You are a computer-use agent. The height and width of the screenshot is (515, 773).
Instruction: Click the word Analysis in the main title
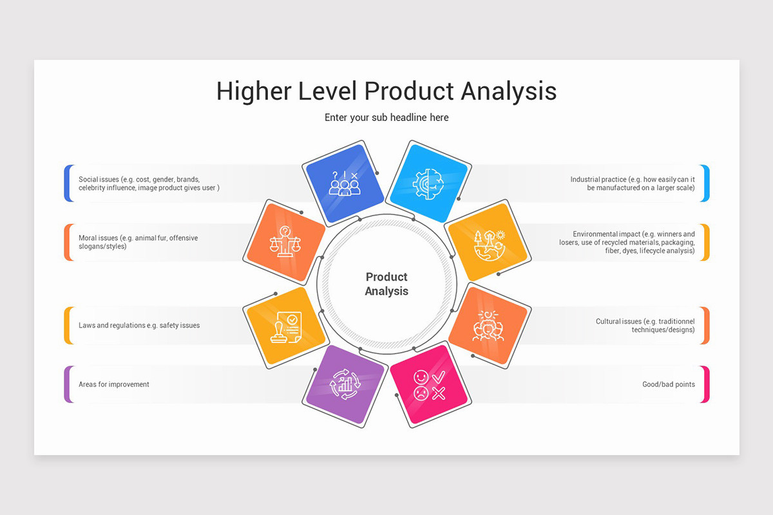(x=508, y=91)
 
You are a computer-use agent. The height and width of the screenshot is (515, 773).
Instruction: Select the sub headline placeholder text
(x=386, y=117)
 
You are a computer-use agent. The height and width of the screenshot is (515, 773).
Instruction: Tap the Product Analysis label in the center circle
(x=386, y=284)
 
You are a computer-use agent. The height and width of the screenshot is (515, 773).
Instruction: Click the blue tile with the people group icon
(x=344, y=183)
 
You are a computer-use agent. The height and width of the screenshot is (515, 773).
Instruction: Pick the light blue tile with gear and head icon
(x=429, y=183)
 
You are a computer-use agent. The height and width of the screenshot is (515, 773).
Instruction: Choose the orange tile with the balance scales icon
(x=286, y=241)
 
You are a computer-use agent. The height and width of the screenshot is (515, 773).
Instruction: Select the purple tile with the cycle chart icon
(x=344, y=384)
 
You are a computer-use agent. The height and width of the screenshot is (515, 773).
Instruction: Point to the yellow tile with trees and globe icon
(x=488, y=241)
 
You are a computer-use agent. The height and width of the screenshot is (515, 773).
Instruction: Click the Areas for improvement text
(x=114, y=384)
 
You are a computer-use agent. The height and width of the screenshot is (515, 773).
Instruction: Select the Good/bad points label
(x=668, y=384)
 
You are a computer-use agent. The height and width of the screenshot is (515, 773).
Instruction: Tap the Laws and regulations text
(x=139, y=325)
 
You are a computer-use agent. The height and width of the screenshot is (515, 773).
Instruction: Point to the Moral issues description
(x=138, y=242)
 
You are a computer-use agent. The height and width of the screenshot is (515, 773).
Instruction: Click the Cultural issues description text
(x=645, y=325)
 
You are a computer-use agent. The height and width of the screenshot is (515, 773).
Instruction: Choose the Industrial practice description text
(x=632, y=183)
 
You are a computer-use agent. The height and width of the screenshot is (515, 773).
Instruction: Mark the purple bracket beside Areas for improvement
(x=67, y=384)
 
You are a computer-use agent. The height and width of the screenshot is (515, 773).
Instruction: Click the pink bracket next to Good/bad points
(x=706, y=384)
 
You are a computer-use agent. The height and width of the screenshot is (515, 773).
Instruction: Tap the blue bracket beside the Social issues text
(x=67, y=183)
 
